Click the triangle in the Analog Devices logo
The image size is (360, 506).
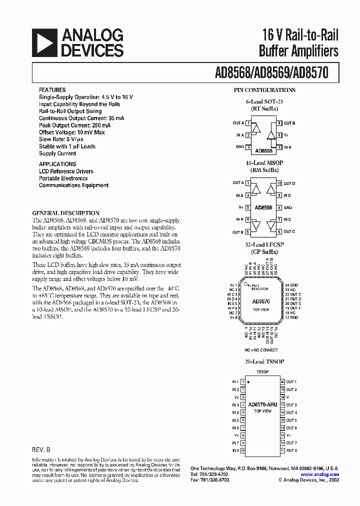[43, 42]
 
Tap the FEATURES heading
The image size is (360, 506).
[52, 90]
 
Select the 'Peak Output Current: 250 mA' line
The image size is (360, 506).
[74, 125]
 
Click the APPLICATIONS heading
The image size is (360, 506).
[57, 164]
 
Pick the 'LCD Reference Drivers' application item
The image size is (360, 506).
[66, 171]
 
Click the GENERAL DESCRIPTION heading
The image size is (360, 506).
[65, 213]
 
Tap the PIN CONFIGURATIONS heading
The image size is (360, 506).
[264, 90]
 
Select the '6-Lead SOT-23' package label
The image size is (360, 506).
[264, 101]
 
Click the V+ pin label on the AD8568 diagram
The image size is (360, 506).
[287, 135]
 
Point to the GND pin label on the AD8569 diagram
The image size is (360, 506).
[288, 207]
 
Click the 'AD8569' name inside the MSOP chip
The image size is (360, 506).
[263, 207]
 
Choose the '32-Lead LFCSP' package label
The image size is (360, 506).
[264, 245]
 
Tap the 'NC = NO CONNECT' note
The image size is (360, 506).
[260, 350]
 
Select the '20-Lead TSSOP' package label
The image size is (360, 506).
[264, 361]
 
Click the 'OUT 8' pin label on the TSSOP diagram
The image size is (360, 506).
[291, 451]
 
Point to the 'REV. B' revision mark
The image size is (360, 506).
[41, 449]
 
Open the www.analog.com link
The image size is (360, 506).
[320, 474]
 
